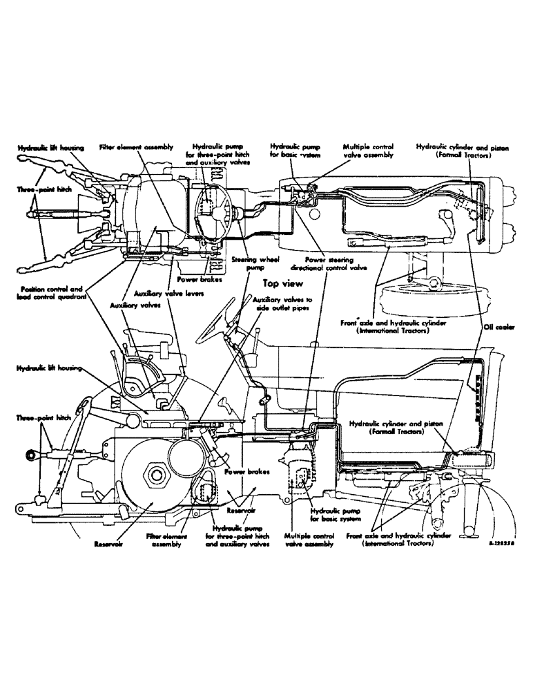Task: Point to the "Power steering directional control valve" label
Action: click(335, 263)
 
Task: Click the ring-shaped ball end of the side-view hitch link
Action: click(32, 455)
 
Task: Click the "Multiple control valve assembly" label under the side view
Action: click(309, 540)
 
